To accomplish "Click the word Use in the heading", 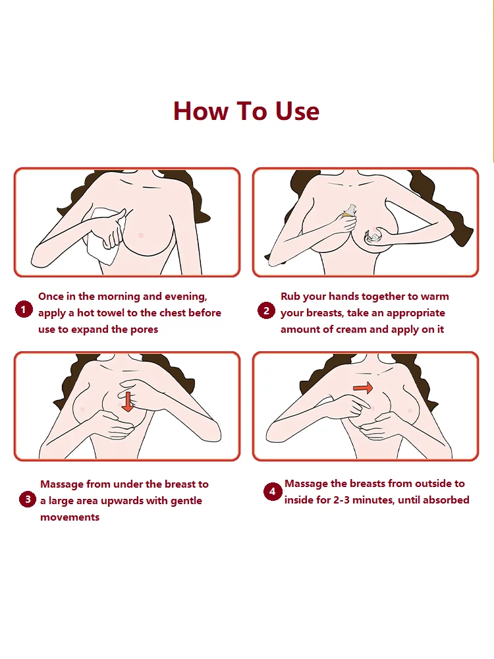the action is (297, 111).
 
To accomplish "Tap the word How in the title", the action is (201, 111).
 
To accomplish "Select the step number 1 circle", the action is (24, 310).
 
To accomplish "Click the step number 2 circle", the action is (266, 310).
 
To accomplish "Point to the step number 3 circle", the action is (28, 499).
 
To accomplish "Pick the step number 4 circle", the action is (272, 492).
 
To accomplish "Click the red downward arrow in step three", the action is (128, 402).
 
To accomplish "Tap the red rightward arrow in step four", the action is (363, 387).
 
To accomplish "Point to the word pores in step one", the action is (144, 329).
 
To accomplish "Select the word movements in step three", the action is (70, 517).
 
